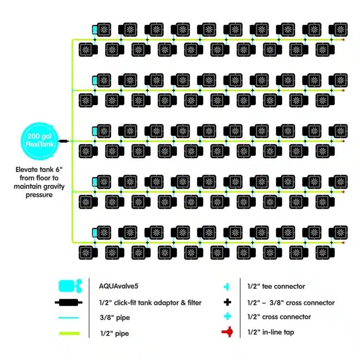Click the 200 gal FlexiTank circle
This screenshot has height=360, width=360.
[39, 141]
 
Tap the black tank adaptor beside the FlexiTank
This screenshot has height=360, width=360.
[63, 141]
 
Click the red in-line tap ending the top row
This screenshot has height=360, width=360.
[343, 40]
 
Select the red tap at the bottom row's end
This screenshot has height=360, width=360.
[343, 242]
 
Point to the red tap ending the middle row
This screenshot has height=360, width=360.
[343, 141]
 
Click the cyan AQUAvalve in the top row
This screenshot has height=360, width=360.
[95, 30]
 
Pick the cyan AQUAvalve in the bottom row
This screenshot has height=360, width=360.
[95, 233]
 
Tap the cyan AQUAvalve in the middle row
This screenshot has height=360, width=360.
[95, 131]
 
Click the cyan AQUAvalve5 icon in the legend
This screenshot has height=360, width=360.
[70, 286]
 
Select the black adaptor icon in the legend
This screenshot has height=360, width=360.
[69, 302]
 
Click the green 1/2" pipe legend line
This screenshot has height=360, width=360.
[70, 334]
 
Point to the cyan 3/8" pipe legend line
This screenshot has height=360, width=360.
[69, 318]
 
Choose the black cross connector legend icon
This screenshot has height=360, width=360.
[228, 302]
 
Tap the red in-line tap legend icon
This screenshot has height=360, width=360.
[228, 332]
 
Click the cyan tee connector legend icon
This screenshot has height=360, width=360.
[227, 287]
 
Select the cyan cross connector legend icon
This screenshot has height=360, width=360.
[228, 316]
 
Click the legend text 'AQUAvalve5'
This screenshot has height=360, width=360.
[119, 286]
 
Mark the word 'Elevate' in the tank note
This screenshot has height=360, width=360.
[26, 169]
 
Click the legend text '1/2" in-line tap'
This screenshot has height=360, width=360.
[271, 332]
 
